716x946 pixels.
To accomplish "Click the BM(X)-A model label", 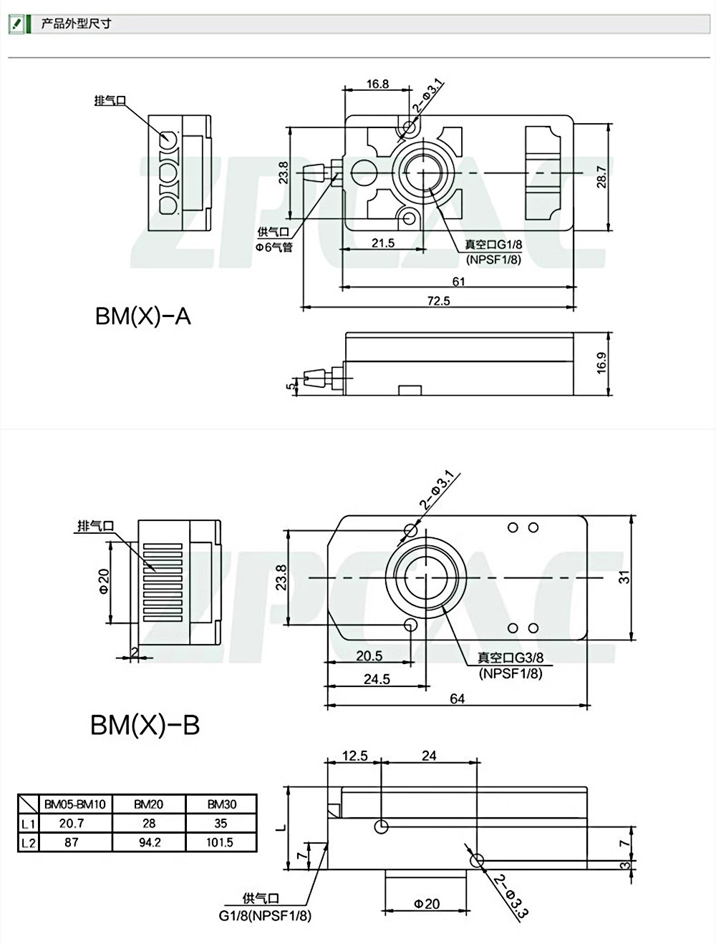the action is (142, 317).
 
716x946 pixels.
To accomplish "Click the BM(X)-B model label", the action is (145, 725).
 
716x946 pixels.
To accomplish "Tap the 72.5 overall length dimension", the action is (438, 301).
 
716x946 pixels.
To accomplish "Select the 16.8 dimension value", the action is (377, 84).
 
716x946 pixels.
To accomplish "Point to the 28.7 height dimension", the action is (601, 177).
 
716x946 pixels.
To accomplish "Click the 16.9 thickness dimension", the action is (601, 363).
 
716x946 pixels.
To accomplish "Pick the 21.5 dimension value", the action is (383, 243).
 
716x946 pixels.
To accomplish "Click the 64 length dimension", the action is (458, 698).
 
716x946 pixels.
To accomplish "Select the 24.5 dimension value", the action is (377, 679).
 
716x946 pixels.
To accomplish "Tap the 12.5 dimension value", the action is (354, 756).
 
